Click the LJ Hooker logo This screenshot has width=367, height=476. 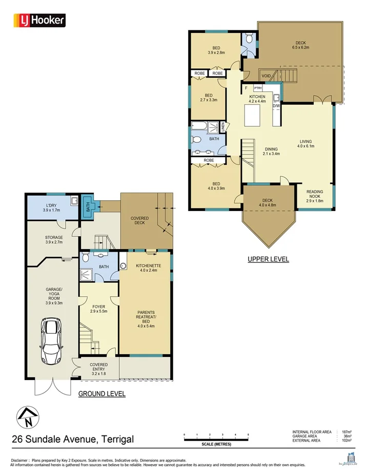[38, 20]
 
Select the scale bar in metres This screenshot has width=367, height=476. [216, 436]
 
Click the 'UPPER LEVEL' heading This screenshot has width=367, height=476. [268, 259]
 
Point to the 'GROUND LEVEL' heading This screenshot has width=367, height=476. [101, 394]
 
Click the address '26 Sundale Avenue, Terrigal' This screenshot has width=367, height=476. [73, 439]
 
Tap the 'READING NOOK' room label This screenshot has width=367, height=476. [315, 194]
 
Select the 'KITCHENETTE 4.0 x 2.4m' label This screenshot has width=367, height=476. [146, 268]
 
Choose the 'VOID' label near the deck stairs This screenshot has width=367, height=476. [266, 76]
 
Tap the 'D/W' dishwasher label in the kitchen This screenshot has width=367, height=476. [276, 106]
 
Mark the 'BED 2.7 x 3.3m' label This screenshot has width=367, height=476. [209, 98]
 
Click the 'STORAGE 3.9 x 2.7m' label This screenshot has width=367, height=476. [53, 240]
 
